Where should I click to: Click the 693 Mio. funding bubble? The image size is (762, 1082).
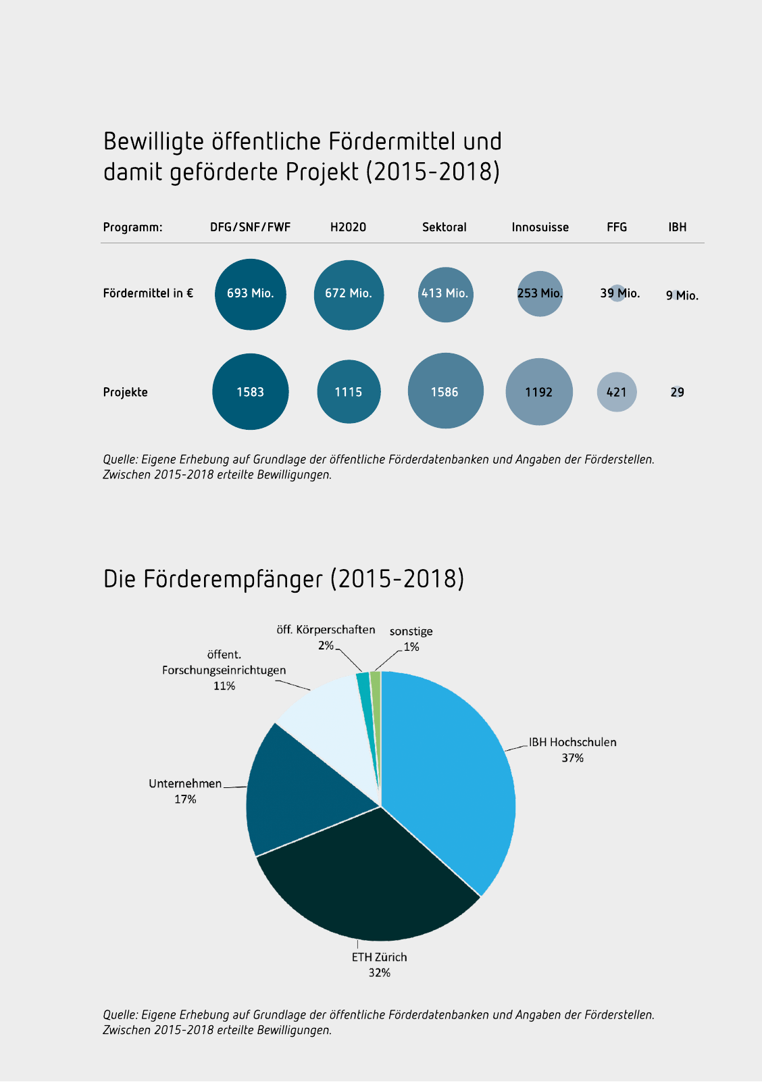[x=251, y=294]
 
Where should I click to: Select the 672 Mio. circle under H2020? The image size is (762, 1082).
[x=349, y=294]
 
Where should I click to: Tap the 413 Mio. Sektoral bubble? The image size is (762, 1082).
[x=445, y=294]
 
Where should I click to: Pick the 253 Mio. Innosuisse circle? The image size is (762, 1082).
[x=540, y=293]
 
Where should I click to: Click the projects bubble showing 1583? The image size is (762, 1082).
[x=251, y=392]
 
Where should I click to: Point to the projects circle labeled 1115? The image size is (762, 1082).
[x=349, y=392]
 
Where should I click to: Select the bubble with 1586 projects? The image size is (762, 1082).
[x=445, y=391]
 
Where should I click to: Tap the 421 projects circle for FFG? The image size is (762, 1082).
[x=617, y=392]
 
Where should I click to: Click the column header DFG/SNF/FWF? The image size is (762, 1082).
[x=250, y=227]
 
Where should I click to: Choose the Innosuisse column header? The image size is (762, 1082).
[x=540, y=227]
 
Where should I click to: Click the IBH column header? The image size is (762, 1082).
[x=677, y=227]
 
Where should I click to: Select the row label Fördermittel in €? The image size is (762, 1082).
[x=148, y=293]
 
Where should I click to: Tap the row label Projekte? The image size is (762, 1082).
[x=125, y=392]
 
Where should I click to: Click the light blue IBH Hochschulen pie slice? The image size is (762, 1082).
[x=453, y=777]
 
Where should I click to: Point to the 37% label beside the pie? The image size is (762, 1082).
[x=572, y=758]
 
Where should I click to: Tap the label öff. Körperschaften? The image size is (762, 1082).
[x=326, y=630]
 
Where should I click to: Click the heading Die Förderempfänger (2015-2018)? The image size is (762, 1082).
[x=284, y=579]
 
